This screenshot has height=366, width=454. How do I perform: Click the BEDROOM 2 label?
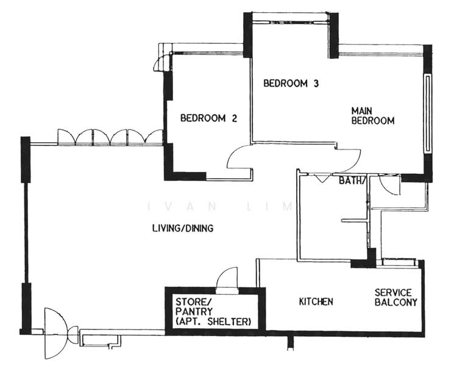[x=208, y=118]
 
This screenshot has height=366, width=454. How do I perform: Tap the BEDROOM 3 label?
[x=291, y=84]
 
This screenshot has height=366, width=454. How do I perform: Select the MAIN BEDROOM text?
[x=372, y=116]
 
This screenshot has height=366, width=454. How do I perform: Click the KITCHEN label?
[x=316, y=301]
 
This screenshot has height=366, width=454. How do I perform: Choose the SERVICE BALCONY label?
[x=395, y=297]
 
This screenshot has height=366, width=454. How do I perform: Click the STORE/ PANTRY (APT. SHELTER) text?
[x=212, y=311]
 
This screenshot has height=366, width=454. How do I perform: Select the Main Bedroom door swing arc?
[x=349, y=160]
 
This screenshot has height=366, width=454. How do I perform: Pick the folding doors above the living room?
[x=110, y=137]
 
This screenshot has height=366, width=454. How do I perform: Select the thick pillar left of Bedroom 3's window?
[x=248, y=35]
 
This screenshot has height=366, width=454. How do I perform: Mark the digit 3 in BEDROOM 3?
[x=316, y=84]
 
